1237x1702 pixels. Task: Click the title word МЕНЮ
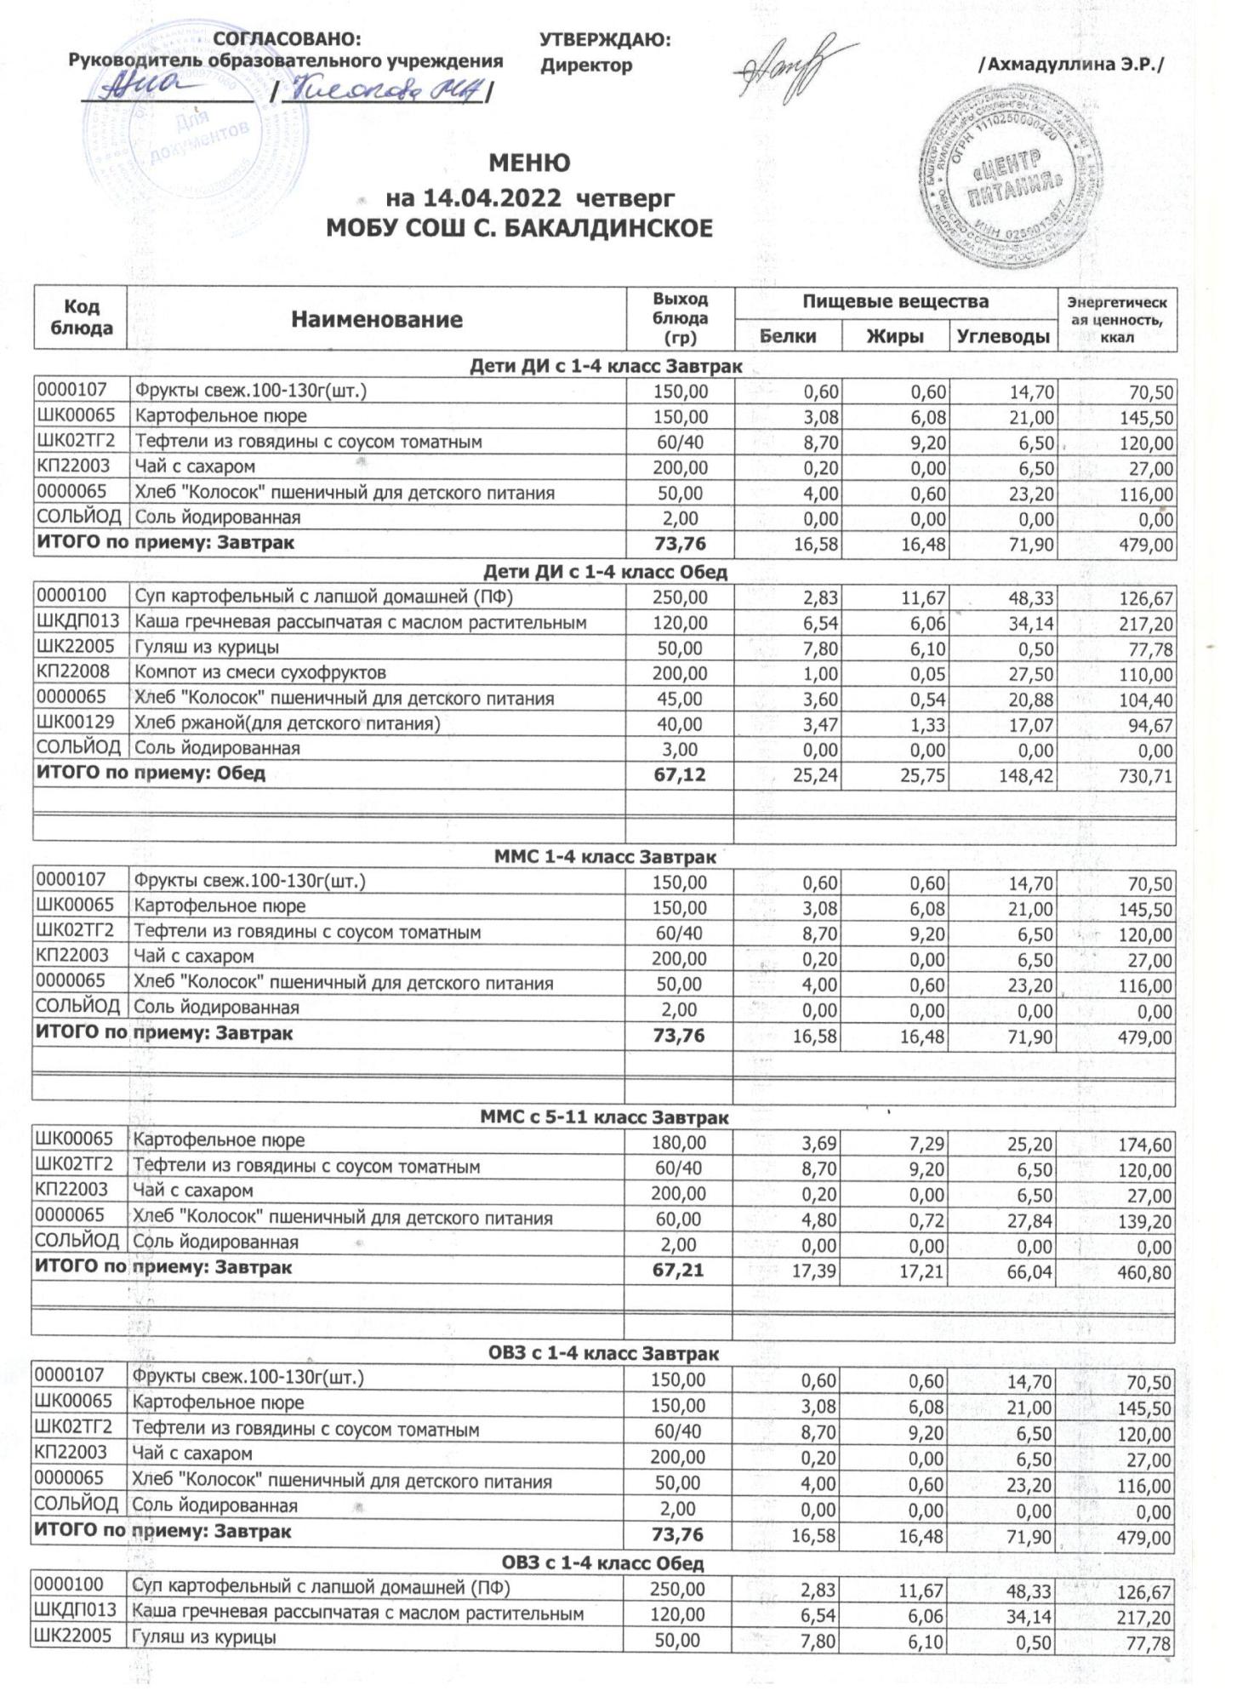coord(529,163)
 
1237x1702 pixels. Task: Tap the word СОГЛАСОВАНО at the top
coord(288,39)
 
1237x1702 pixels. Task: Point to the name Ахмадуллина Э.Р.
coord(1069,65)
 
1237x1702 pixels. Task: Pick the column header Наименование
coord(377,320)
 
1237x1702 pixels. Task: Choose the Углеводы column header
coord(1003,336)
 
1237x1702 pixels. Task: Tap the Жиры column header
coord(895,336)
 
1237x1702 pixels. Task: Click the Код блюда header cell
coord(82,318)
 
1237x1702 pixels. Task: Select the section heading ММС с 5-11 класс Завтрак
coord(606,1117)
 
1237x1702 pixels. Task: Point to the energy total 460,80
coord(1145,1274)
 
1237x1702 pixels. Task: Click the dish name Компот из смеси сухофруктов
coord(260,673)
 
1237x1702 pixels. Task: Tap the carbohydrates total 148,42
coord(1026,776)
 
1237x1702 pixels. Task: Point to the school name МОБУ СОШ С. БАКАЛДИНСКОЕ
coord(520,229)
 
